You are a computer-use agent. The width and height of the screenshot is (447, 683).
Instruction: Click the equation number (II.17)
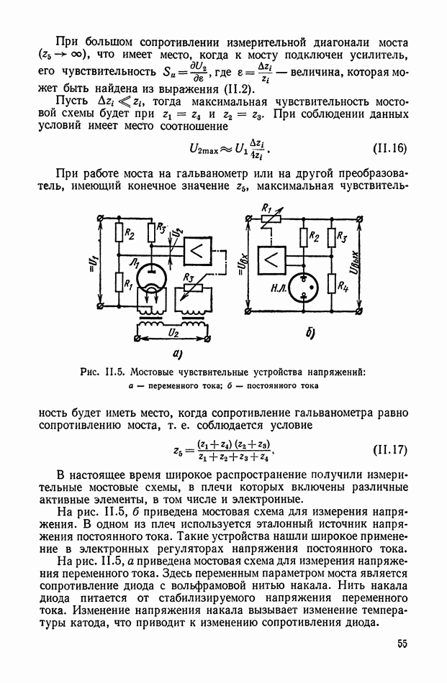(x=390, y=451)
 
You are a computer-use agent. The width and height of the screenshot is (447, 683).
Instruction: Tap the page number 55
(x=401, y=643)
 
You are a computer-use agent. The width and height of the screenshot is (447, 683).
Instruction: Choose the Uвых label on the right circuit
(x=372, y=262)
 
